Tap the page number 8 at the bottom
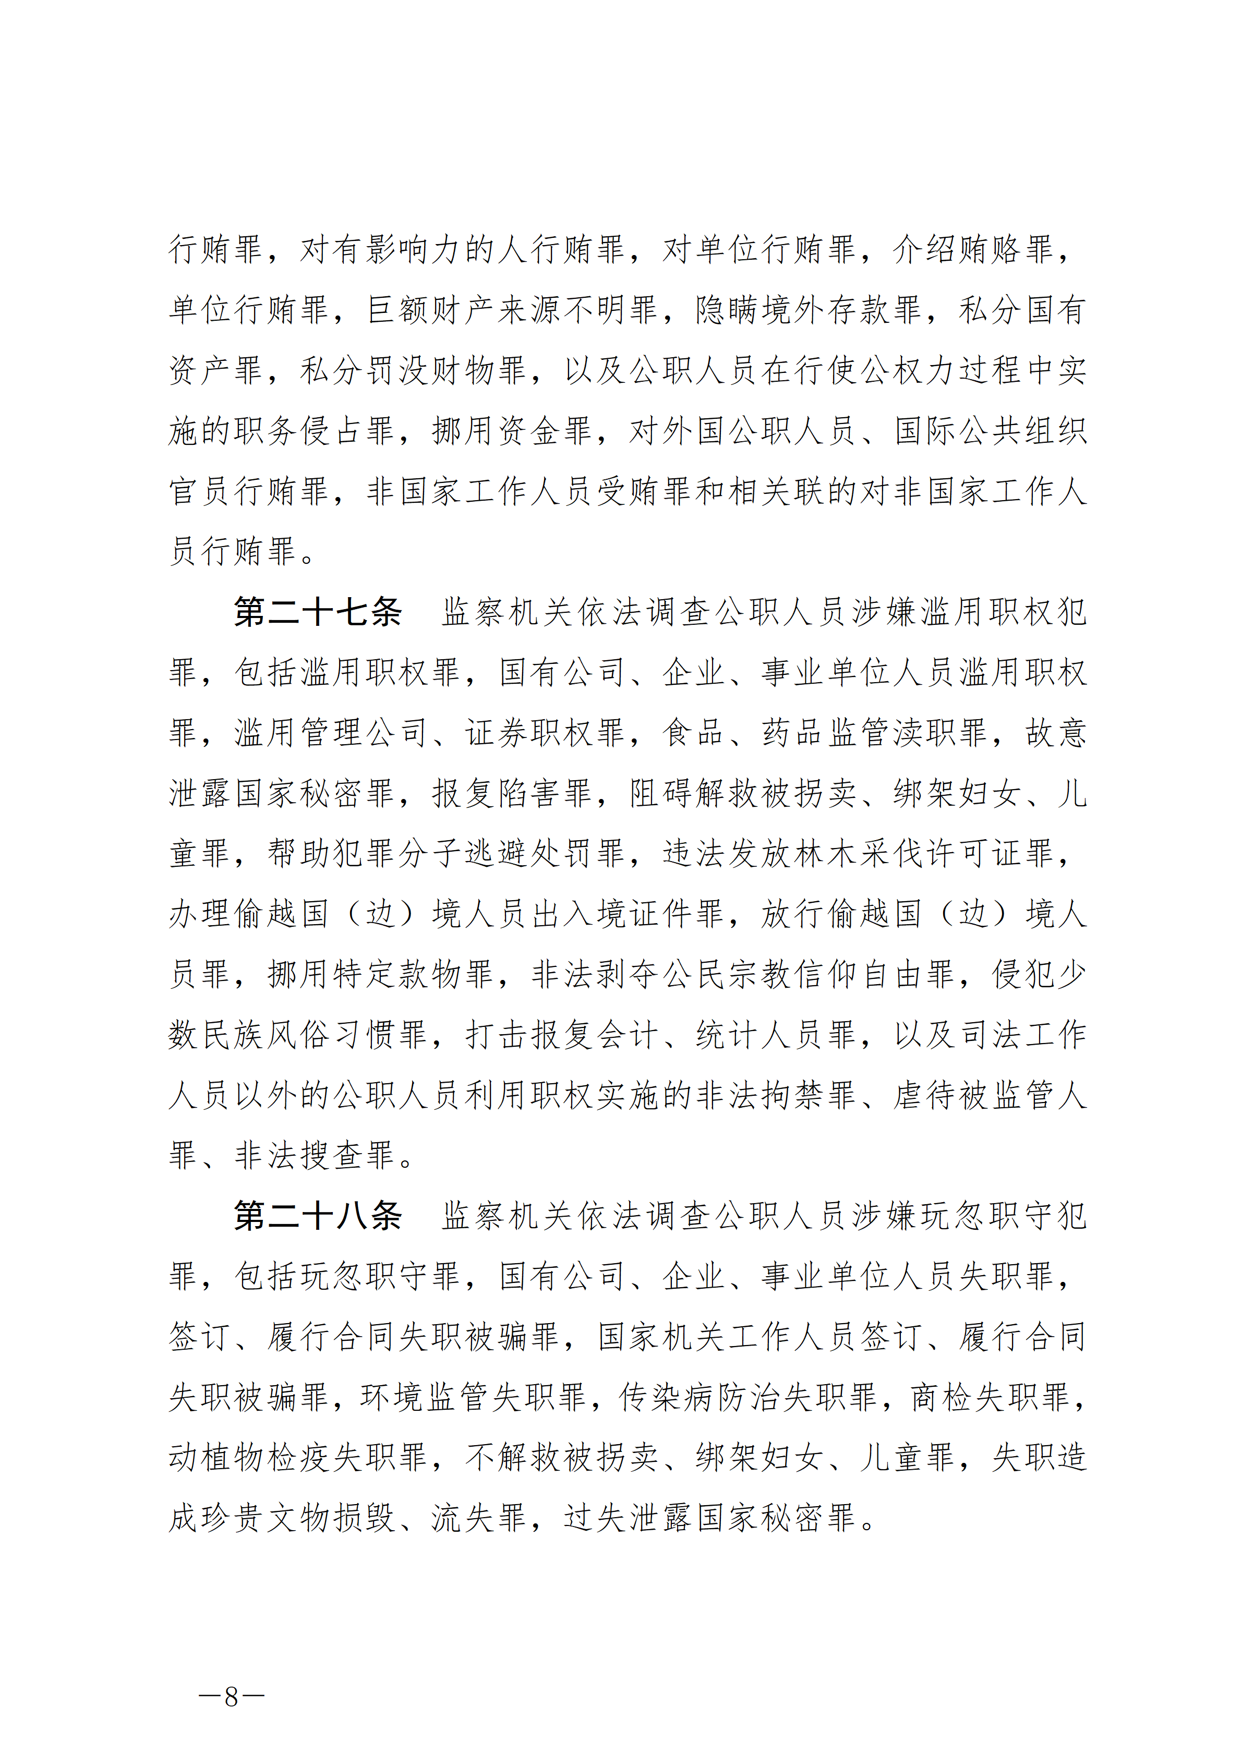tap(231, 1697)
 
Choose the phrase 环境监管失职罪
tap(473, 1397)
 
